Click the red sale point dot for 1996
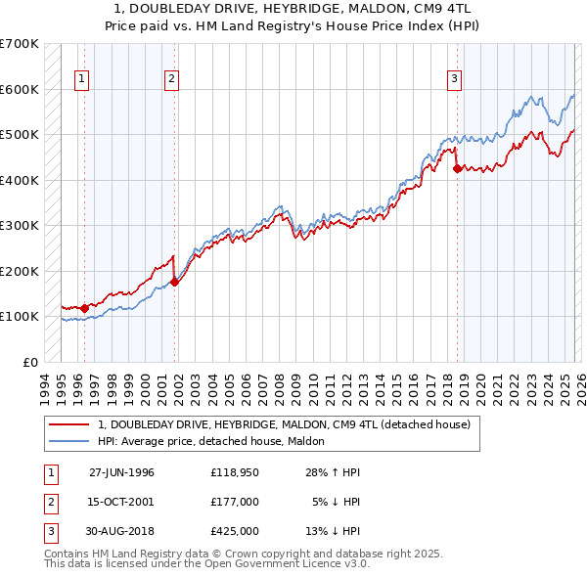point(85,308)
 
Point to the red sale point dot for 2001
point(175,282)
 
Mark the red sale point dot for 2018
point(458,169)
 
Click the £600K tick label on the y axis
point(20,89)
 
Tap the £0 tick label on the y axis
point(29,362)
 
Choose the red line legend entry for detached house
point(285,424)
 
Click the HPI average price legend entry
point(216,441)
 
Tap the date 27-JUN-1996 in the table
point(121,472)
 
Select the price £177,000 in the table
point(234,502)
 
